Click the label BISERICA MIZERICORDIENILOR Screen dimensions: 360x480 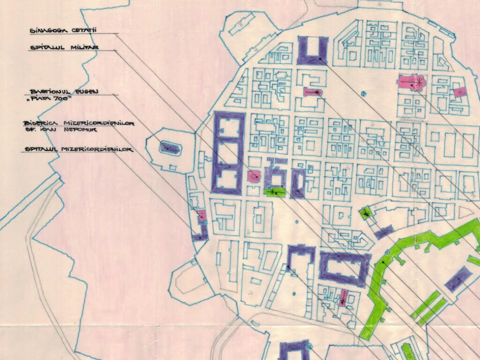click(x=79, y=123)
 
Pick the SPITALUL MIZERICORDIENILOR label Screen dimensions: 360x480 click(x=78, y=150)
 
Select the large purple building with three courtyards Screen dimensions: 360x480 click(x=228, y=153)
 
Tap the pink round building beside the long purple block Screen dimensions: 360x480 click(x=254, y=176)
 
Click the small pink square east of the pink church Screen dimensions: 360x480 click(x=460, y=92)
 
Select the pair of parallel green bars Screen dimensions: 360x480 click(x=428, y=307)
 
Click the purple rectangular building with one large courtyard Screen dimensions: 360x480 click(x=344, y=271)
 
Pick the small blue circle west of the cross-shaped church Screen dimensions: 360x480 click(x=364, y=93)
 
